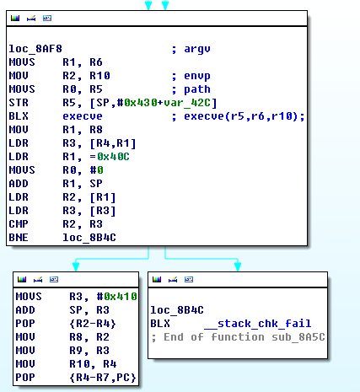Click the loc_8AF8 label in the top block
[35, 49]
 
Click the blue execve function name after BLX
[83, 116]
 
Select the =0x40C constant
[110, 157]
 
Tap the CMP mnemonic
[19, 224]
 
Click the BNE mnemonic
[19, 238]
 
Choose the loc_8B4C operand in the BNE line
[89, 238]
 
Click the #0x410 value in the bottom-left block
[117, 297]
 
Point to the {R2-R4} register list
[93, 324]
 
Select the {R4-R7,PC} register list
[103, 378]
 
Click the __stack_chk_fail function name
[258, 324]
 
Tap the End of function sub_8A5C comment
[239, 337]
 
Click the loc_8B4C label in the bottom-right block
[177, 310]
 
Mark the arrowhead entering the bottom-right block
[238, 266]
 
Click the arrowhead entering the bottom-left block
[76, 266]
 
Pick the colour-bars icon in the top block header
[15, 19]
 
